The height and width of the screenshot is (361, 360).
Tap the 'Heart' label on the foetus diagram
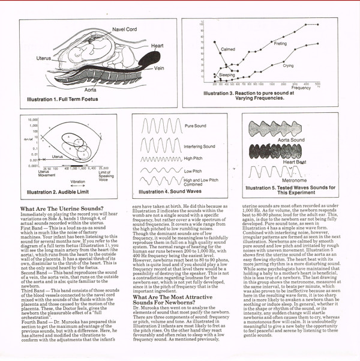point(158,46)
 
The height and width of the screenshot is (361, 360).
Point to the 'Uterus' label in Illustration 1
point(43,58)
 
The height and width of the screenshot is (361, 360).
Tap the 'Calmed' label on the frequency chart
point(228,49)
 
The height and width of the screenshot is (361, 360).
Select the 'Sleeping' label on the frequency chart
point(227,75)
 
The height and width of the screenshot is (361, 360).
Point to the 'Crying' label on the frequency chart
point(288,65)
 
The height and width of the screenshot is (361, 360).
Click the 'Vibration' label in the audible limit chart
point(78,181)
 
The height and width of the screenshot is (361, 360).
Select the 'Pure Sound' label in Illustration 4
point(196,126)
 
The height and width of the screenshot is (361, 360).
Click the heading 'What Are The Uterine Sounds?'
point(62,208)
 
